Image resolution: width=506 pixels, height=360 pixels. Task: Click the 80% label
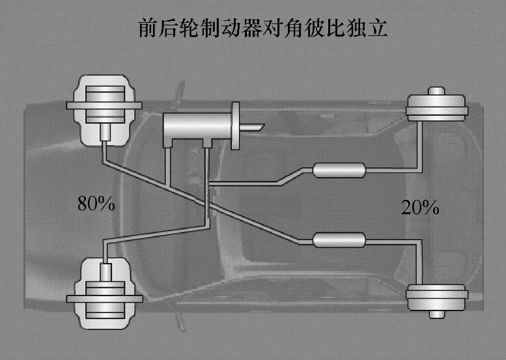point(96,203)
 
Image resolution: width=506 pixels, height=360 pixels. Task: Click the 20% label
point(420,208)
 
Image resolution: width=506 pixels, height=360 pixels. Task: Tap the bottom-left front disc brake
point(104,297)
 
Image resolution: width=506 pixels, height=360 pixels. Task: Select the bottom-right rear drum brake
point(436,298)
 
